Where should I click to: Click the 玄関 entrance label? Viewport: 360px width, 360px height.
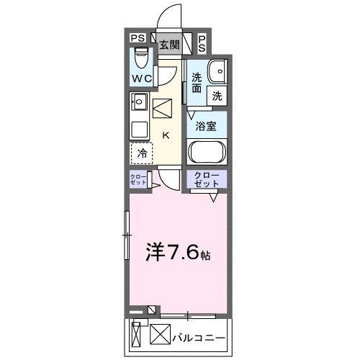pyautogui.click(x=169, y=44)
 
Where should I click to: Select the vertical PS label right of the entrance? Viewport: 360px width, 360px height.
pyautogui.click(x=202, y=43)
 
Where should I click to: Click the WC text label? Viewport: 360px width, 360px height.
pyautogui.click(x=140, y=78)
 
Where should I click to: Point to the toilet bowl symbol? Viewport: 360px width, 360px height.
pyautogui.click(x=141, y=57)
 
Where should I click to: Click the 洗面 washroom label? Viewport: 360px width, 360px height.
pyautogui.click(x=197, y=83)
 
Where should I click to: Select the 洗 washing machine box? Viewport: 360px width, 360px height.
pyautogui.click(x=217, y=94)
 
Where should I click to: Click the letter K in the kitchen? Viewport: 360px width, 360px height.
pyautogui.click(x=166, y=135)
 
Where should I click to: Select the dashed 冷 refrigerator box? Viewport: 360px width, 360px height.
pyautogui.click(x=142, y=153)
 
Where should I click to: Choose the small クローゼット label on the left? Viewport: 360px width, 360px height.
pyautogui.click(x=138, y=179)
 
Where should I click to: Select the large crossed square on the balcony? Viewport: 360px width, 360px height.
pyautogui.click(x=159, y=336)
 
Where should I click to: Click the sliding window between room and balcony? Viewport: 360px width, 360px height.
pyautogui.click(x=187, y=315)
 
